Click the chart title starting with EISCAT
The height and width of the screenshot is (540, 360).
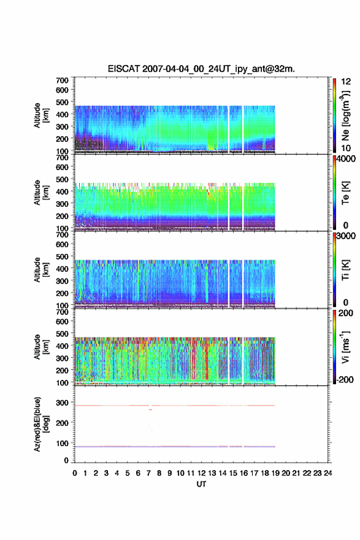[201, 69]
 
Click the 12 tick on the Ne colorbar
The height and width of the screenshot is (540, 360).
[346, 82]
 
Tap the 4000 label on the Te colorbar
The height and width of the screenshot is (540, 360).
[347, 159]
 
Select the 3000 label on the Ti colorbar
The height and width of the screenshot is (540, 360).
[347, 236]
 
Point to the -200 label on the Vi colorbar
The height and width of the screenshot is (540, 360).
[345, 379]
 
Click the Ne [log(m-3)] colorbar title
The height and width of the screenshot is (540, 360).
[345, 116]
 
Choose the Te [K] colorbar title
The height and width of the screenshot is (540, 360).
[345, 193]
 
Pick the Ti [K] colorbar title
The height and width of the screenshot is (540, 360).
[345, 270]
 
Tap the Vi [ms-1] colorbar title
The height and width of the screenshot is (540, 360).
[345, 347]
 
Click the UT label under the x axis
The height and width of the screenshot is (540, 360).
[201, 484]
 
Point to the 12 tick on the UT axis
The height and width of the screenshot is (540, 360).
[201, 473]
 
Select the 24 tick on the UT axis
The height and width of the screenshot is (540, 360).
[328, 473]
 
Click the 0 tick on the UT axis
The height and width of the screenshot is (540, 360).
[75, 473]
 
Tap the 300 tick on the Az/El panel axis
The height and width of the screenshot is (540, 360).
[63, 403]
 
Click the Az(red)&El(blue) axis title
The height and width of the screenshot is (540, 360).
[41, 424]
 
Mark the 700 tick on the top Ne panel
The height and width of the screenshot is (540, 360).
[63, 80]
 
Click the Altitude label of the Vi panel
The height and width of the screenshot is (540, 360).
[41, 347]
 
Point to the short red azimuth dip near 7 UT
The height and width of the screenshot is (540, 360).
[150, 409]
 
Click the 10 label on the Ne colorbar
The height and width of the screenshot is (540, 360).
[346, 148]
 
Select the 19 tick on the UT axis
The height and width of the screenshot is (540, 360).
[275, 473]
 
